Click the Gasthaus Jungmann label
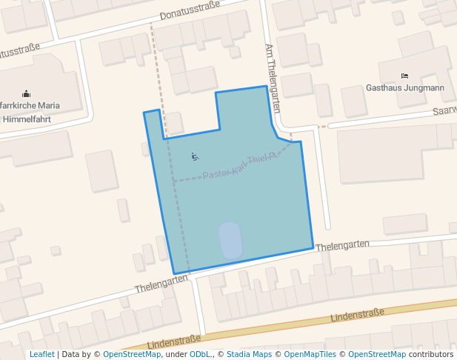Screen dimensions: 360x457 tap(405, 87)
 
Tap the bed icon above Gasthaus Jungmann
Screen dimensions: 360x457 tap(404, 76)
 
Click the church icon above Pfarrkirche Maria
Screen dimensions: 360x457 tap(27, 93)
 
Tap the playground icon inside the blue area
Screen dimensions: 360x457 tap(195, 156)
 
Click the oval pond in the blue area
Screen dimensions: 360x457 tap(231, 240)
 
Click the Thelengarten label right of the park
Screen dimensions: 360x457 tap(342, 245)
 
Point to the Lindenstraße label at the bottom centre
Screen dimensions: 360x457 tap(174, 342)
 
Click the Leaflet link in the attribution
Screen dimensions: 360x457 tap(41, 354)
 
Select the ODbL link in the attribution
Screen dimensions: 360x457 tap(201, 354)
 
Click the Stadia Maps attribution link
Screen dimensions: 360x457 tap(249, 354)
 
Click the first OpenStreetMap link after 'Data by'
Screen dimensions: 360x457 tap(132, 354)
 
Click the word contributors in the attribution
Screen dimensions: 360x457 tap(431, 354)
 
